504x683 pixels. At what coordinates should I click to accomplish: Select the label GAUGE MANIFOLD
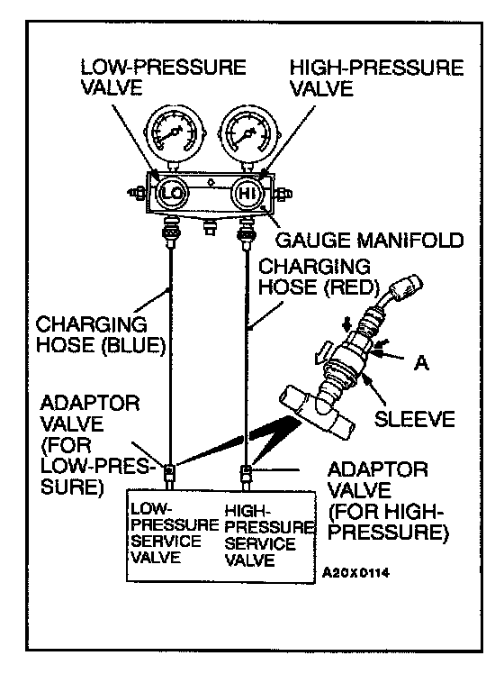370,240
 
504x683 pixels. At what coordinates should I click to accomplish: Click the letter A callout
421,362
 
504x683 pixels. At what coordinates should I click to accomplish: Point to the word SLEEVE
414,419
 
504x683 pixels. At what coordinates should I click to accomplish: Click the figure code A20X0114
355,572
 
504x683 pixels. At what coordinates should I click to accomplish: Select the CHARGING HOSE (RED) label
319,277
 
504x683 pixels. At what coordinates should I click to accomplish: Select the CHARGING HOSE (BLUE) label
101,335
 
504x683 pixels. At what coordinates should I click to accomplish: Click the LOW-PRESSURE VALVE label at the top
163,77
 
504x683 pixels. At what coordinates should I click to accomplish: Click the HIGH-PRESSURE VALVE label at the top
377,78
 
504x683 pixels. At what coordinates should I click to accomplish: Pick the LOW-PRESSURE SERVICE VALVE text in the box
174,533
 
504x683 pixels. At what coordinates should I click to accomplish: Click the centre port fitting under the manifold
211,226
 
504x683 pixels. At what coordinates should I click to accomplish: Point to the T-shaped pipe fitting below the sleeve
316,412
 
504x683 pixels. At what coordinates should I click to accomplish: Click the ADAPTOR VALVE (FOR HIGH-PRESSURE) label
388,501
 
